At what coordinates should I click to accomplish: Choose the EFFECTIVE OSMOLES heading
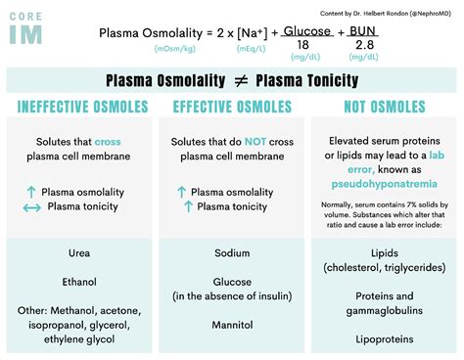[x=231, y=107]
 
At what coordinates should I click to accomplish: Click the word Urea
[x=79, y=252]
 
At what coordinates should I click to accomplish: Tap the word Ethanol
[x=79, y=281]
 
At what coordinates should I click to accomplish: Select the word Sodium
[x=231, y=252]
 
